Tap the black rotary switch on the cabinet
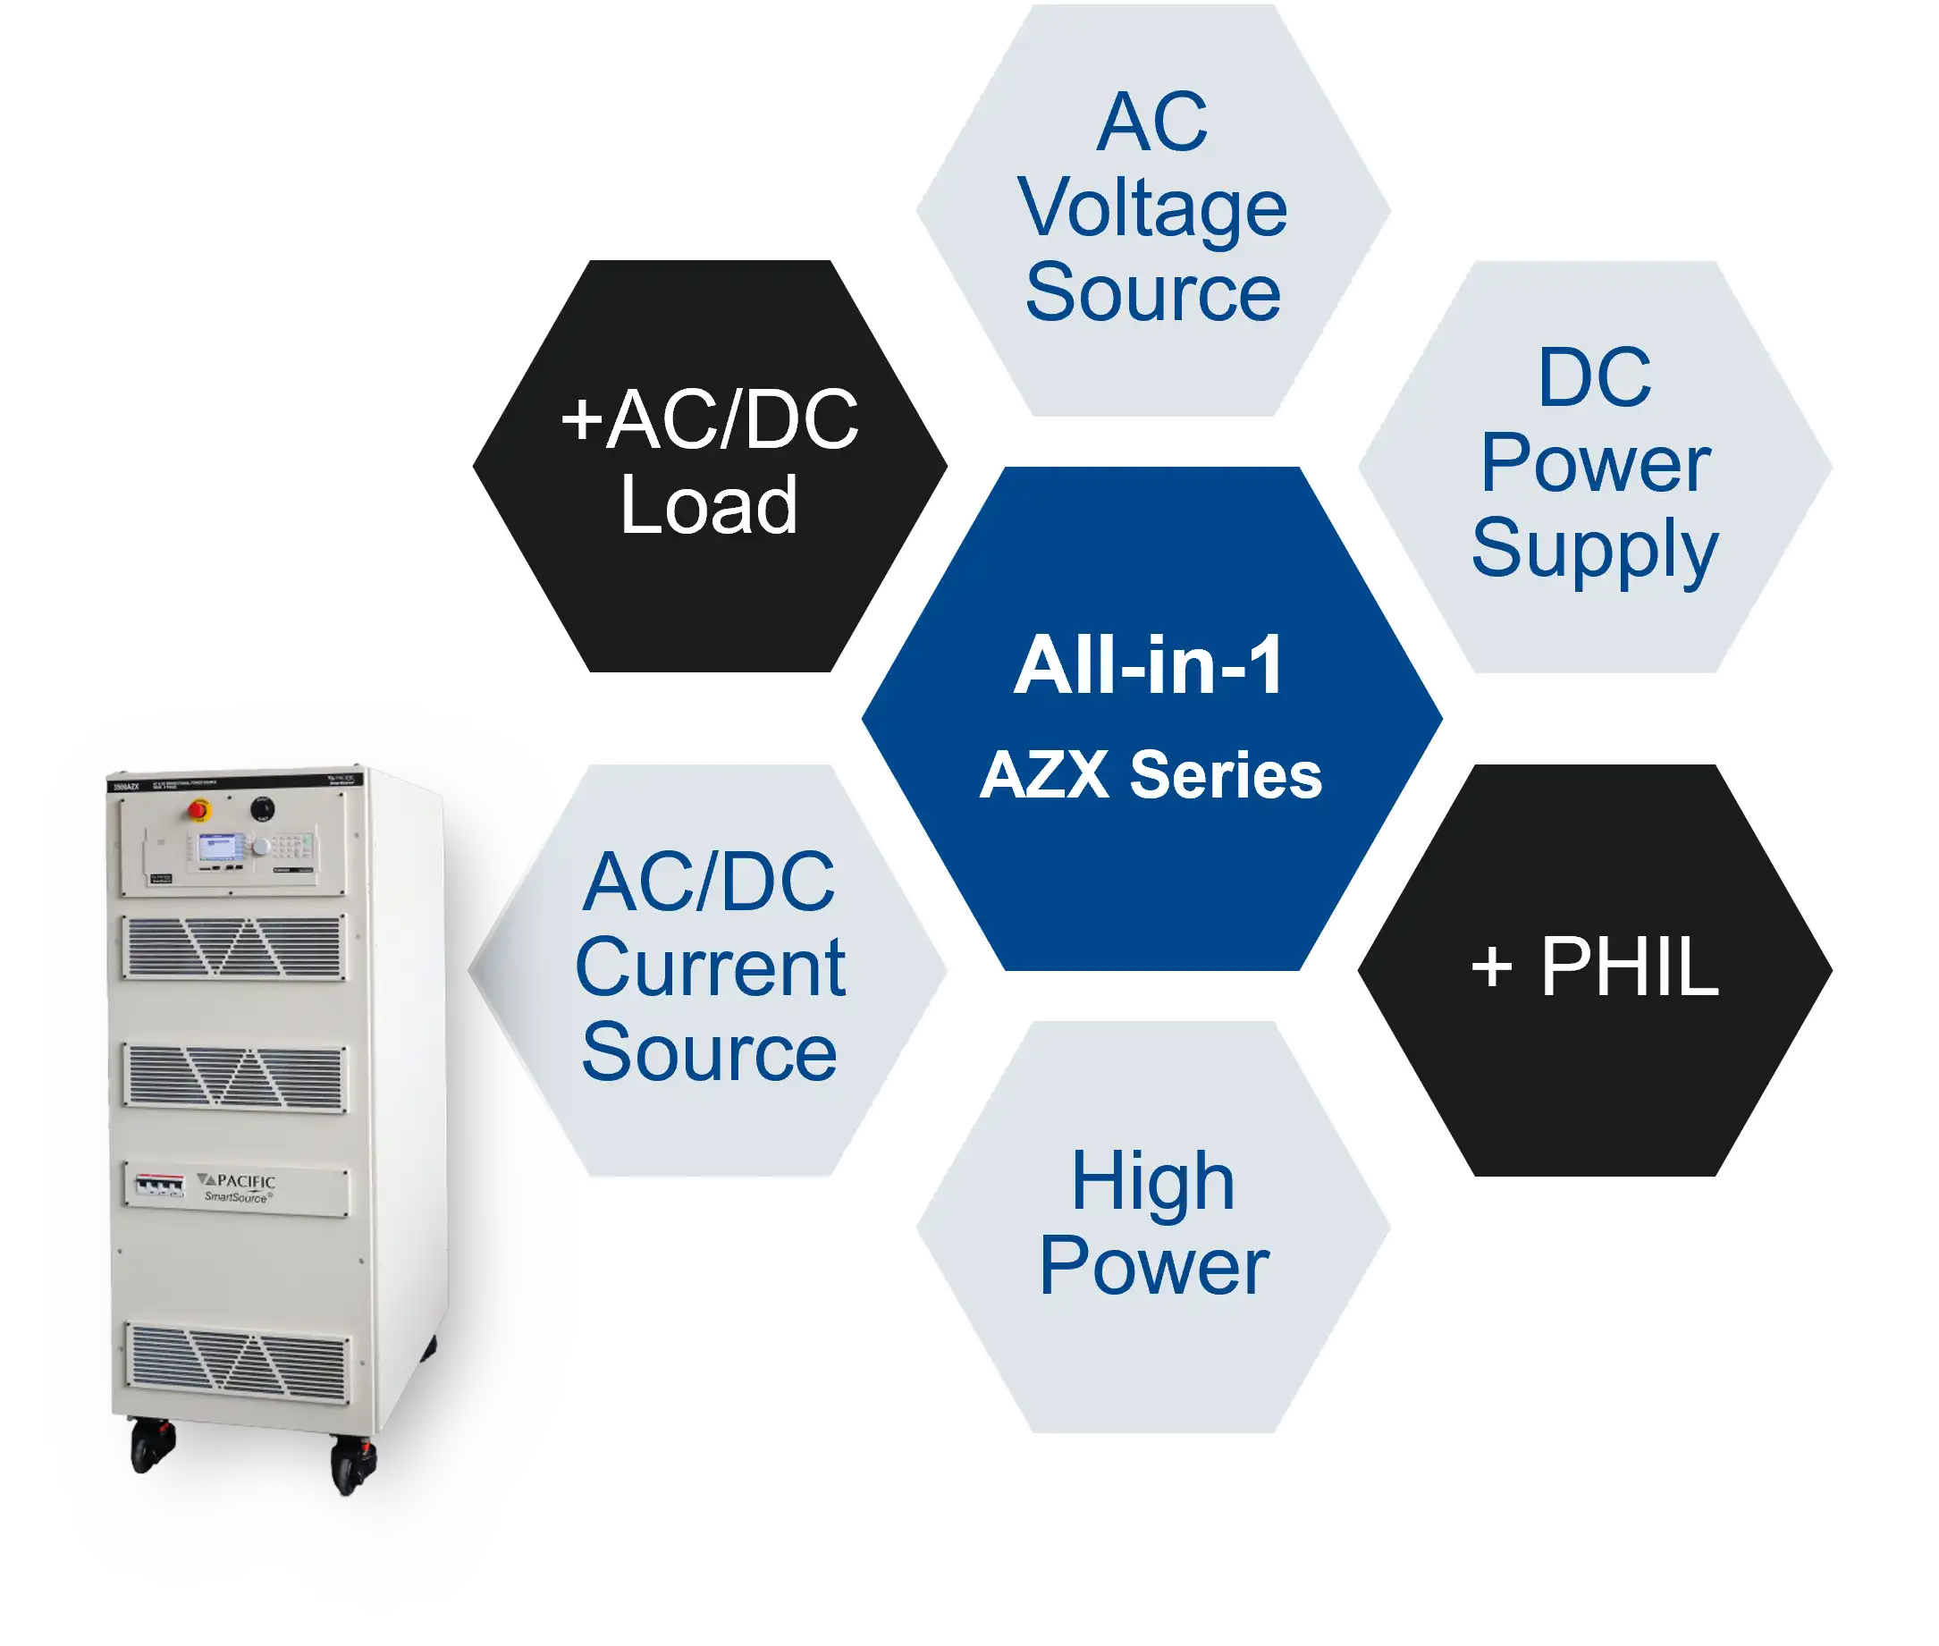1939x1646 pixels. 263,806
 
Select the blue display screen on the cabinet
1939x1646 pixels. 218,848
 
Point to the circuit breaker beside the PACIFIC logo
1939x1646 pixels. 159,1186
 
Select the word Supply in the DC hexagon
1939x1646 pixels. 1594,548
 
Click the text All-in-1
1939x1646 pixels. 1149,665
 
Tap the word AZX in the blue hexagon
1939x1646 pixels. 1044,775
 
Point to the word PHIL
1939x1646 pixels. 1628,966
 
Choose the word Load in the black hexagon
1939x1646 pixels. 709,505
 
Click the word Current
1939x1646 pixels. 710,967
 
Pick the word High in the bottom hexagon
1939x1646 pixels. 1152,1181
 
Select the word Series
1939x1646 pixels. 1225,775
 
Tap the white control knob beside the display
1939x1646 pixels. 262,847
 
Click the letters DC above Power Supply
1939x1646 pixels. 1594,377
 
